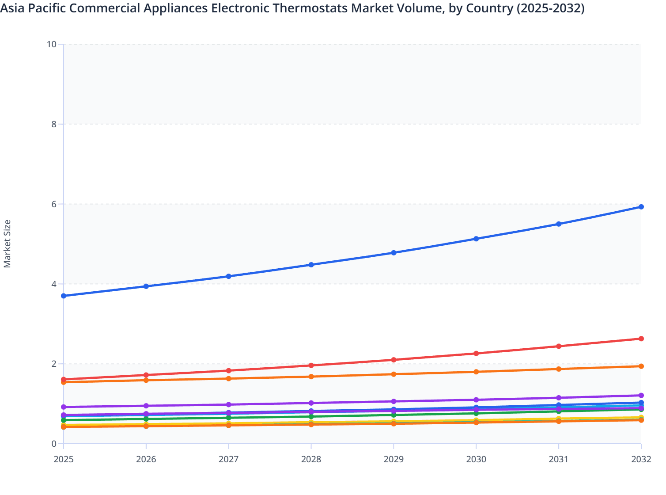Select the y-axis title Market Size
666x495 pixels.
(x=7, y=244)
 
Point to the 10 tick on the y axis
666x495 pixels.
(x=52, y=44)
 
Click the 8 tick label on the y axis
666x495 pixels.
(x=54, y=124)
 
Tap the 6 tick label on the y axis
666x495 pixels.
(x=54, y=204)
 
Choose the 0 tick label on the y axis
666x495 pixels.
(x=54, y=444)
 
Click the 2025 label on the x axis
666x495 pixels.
(x=64, y=459)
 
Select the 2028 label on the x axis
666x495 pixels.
(x=311, y=459)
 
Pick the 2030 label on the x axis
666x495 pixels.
(x=476, y=459)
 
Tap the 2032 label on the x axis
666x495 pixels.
(x=641, y=459)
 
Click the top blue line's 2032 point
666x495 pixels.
(x=641, y=207)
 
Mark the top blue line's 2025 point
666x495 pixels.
(x=64, y=296)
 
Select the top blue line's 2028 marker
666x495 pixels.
(x=311, y=265)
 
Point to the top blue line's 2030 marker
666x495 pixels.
(x=476, y=239)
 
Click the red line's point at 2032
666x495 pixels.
(x=641, y=339)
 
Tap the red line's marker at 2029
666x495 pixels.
(x=394, y=360)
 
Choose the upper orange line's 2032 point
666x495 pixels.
(x=641, y=366)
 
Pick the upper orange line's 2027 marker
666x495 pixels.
(x=229, y=378)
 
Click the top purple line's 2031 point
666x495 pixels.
(x=559, y=398)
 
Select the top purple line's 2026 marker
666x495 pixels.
(x=146, y=406)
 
